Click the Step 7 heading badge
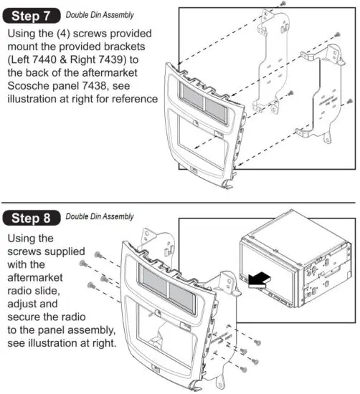(32, 14)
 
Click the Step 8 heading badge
(32, 217)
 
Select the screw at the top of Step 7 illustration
(284, 4)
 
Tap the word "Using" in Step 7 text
(24, 34)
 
